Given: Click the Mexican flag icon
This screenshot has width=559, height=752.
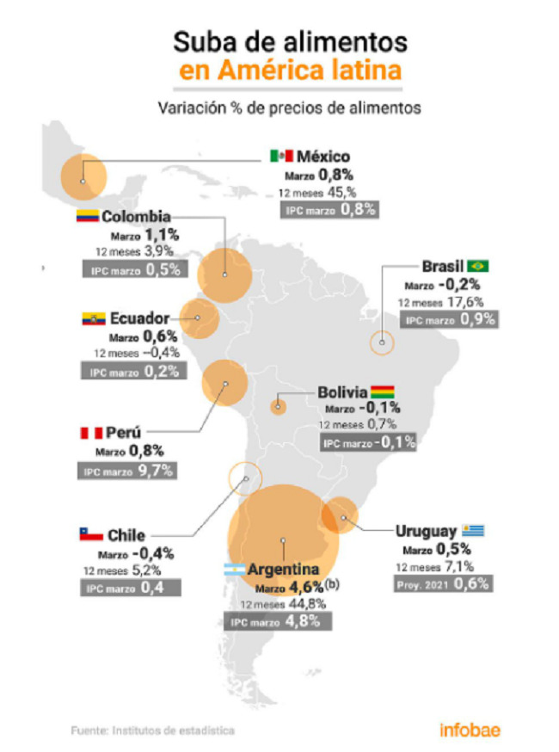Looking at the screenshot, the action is [x=281, y=156].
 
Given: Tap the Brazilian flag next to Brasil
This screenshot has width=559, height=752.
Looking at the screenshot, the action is [x=478, y=266].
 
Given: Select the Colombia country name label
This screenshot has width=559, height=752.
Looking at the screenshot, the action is [x=136, y=216].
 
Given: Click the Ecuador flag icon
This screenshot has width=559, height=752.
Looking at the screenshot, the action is [x=94, y=318].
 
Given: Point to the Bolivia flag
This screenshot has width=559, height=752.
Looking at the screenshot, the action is [x=382, y=391].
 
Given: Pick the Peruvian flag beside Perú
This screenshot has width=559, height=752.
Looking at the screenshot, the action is [x=91, y=433].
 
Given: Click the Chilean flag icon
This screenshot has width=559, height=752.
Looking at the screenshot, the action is [x=91, y=534].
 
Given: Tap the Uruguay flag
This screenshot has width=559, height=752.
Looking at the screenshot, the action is [x=473, y=530].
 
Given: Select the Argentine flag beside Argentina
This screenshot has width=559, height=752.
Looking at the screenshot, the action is [x=235, y=570].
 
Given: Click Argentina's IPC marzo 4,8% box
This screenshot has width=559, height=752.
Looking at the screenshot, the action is [x=278, y=621].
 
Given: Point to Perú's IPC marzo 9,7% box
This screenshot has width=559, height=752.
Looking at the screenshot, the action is [x=127, y=471].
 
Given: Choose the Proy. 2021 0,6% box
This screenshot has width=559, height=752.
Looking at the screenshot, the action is [x=443, y=584].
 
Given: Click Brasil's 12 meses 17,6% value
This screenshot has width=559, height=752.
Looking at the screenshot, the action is [x=440, y=302].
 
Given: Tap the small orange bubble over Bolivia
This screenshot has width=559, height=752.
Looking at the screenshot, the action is [x=278, y=407].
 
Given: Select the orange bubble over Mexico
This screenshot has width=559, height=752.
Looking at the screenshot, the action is [x=83, y=177].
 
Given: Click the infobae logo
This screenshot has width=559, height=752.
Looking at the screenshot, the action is [x=470, y=730].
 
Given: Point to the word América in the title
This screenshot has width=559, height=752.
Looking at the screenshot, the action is [x=265, y=70].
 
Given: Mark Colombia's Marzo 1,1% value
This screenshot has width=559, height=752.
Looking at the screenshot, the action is [x=144, y=235].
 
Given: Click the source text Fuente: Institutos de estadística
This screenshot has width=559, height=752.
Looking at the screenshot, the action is [x=153, y=730].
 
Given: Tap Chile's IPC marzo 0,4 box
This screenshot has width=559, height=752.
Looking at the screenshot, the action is [x=131, y=588].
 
